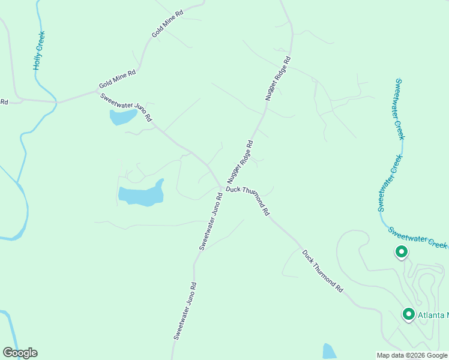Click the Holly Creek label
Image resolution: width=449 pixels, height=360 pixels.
[x=40, y=51]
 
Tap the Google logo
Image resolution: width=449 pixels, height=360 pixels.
[x=20, y=353]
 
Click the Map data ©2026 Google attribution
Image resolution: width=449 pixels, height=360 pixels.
[x=411, y=355]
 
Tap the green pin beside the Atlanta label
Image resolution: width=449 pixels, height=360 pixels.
[x=409, y=314]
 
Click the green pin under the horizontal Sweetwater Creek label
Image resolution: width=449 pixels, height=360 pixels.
[x=400, y=252]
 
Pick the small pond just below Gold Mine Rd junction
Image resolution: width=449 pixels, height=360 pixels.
[x=122, y=117]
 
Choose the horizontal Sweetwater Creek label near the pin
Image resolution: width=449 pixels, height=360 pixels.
[x=417, y=238]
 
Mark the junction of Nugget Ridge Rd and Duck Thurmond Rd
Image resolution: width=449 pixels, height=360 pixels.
[x=223, y=188]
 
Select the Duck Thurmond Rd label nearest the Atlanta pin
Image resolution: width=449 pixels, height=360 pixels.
[x=322, y=271]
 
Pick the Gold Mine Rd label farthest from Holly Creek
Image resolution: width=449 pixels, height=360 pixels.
[x=167, y=25]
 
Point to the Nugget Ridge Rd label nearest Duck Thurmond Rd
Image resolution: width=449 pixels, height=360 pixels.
[x=240, y=162]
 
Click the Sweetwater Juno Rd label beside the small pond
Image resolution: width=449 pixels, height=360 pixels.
[x=127, y=107]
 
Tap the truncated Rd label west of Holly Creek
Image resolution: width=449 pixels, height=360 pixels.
[x=4, y=102]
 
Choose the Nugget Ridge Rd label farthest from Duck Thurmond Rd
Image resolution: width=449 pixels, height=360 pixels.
[x=278, y=78]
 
